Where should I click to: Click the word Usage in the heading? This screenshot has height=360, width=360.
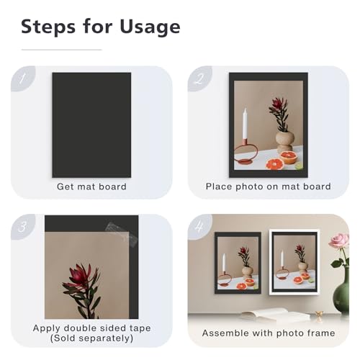click(x=150, y=27)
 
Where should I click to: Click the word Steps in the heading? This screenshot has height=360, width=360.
click(x=48, y=27)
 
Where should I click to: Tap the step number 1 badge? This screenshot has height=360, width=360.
click(x=23, y=78)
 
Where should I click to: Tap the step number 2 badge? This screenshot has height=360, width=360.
click(x=199, y=78)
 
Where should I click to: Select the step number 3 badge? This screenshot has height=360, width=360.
click(x=23, y=226)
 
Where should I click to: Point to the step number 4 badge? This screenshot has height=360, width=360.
click(x=199, y=226)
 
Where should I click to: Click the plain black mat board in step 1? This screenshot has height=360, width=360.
click(x=91, y=125)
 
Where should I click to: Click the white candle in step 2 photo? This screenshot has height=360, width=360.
click(x=245, y=124)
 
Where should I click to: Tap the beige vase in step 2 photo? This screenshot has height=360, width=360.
click(x=285, y=142)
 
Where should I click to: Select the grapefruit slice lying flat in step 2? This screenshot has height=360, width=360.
click(x=275, y=164)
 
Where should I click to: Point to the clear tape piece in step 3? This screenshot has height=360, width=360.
click(x=122, y=233)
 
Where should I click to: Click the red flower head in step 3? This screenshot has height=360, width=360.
click(x=80, y=275)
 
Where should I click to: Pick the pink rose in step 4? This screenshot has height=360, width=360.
click(x=339, y=241)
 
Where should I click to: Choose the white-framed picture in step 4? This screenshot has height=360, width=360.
click(x=294, y=262)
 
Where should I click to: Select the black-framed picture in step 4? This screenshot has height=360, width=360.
click(x=238, y=263)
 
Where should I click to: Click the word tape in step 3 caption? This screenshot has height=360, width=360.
click(x=140, y=328)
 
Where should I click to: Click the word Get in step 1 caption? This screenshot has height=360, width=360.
click(x=64, y=186)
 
